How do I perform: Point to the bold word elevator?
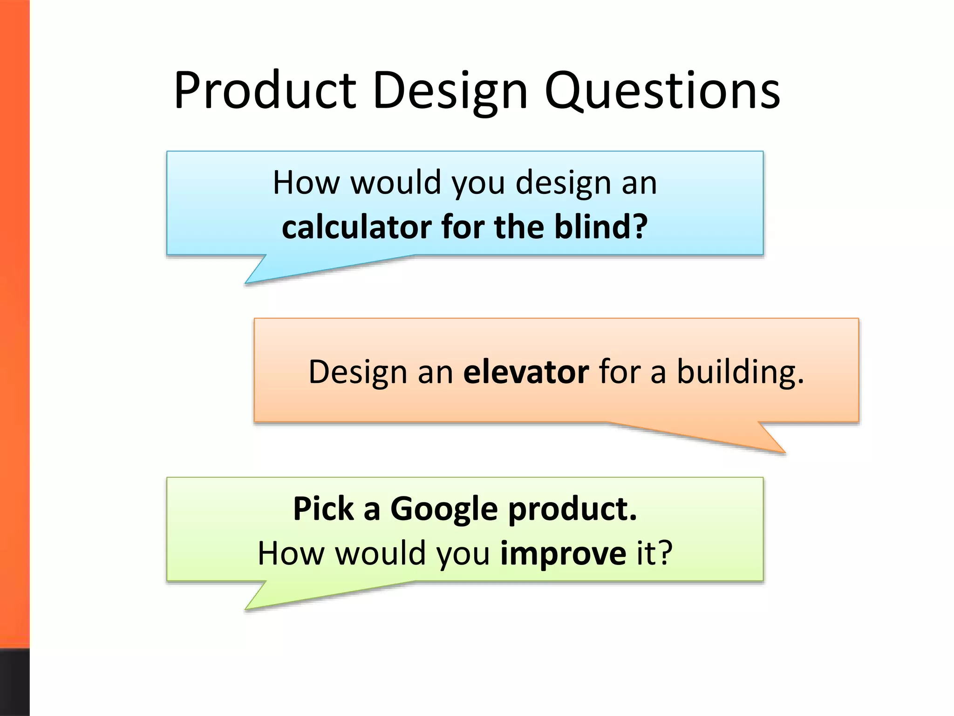coord(526,372)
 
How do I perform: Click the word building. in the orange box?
coord(740,372)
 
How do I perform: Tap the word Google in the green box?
coord(444,509)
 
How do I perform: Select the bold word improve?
coord(563,553)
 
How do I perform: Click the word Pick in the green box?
coord(323,509)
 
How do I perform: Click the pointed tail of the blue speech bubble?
coord(261,275)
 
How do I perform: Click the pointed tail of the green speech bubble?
coord(261,601)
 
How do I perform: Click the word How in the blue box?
coord(306,183)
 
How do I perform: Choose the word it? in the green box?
coord(654,553)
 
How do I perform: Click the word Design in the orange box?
coord(357,372)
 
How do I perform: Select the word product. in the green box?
coord(572,509)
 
